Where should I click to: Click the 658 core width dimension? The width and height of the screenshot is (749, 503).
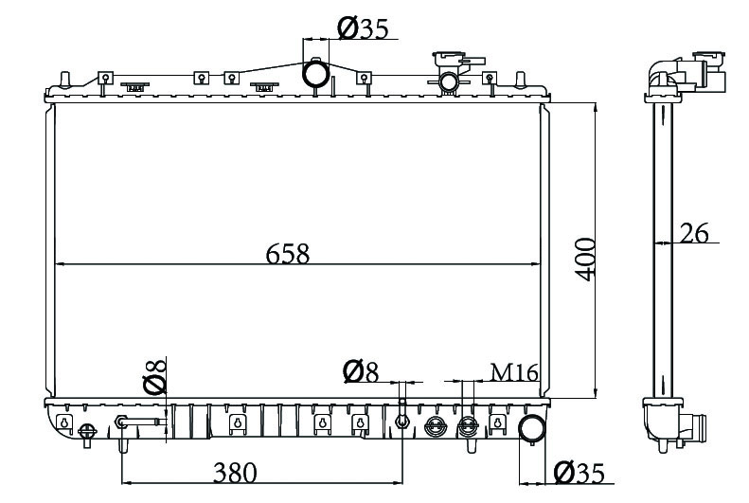coord(288,254)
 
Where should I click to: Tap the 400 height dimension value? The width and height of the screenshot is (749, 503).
coord(584,260)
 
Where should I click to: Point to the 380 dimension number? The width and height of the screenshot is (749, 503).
coord(235,473)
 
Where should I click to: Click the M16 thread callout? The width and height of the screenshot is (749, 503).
coord(514,372)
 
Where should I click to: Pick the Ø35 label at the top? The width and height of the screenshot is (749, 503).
coord(363,28)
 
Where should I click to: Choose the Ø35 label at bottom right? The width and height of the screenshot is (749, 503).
coord(580,474)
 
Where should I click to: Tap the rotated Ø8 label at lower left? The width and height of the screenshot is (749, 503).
coord(154,376)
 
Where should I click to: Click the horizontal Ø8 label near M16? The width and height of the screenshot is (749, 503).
coord(361,372)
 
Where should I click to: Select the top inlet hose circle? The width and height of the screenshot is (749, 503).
coord(315,73)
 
